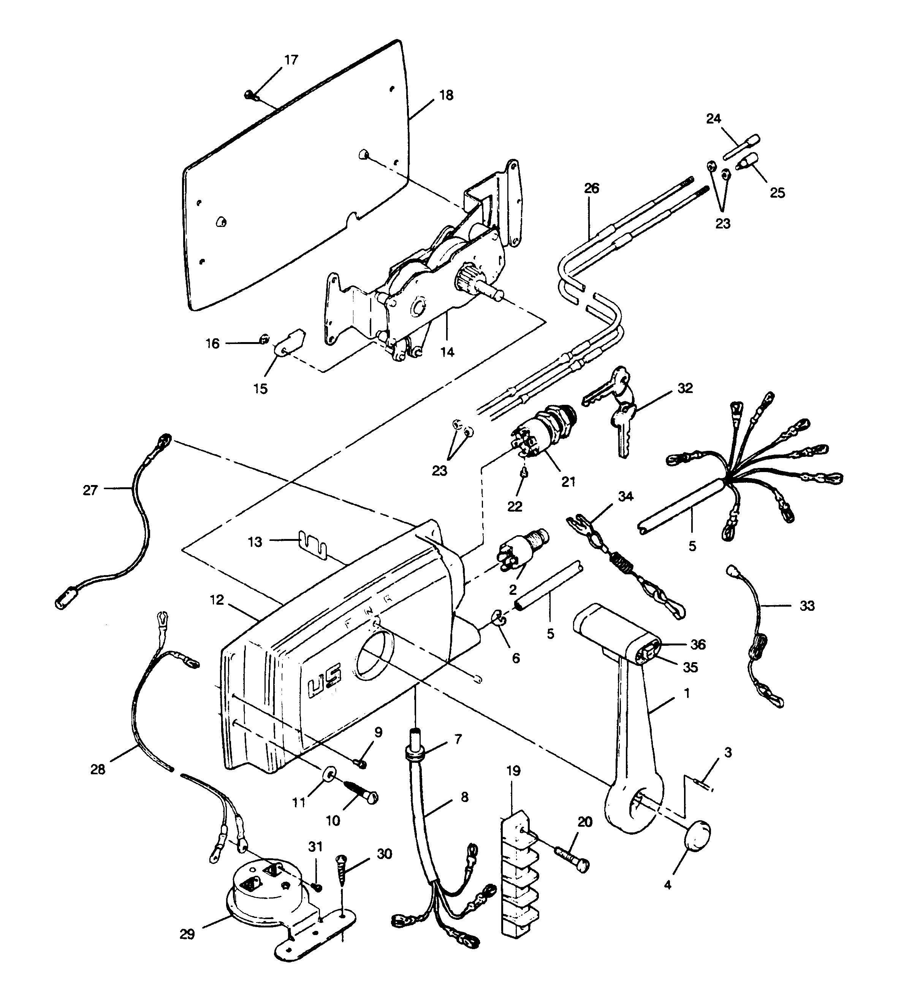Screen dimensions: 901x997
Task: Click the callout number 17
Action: (291, 60)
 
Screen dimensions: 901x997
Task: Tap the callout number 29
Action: (187, 934)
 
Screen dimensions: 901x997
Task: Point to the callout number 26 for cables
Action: (591, 189)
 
